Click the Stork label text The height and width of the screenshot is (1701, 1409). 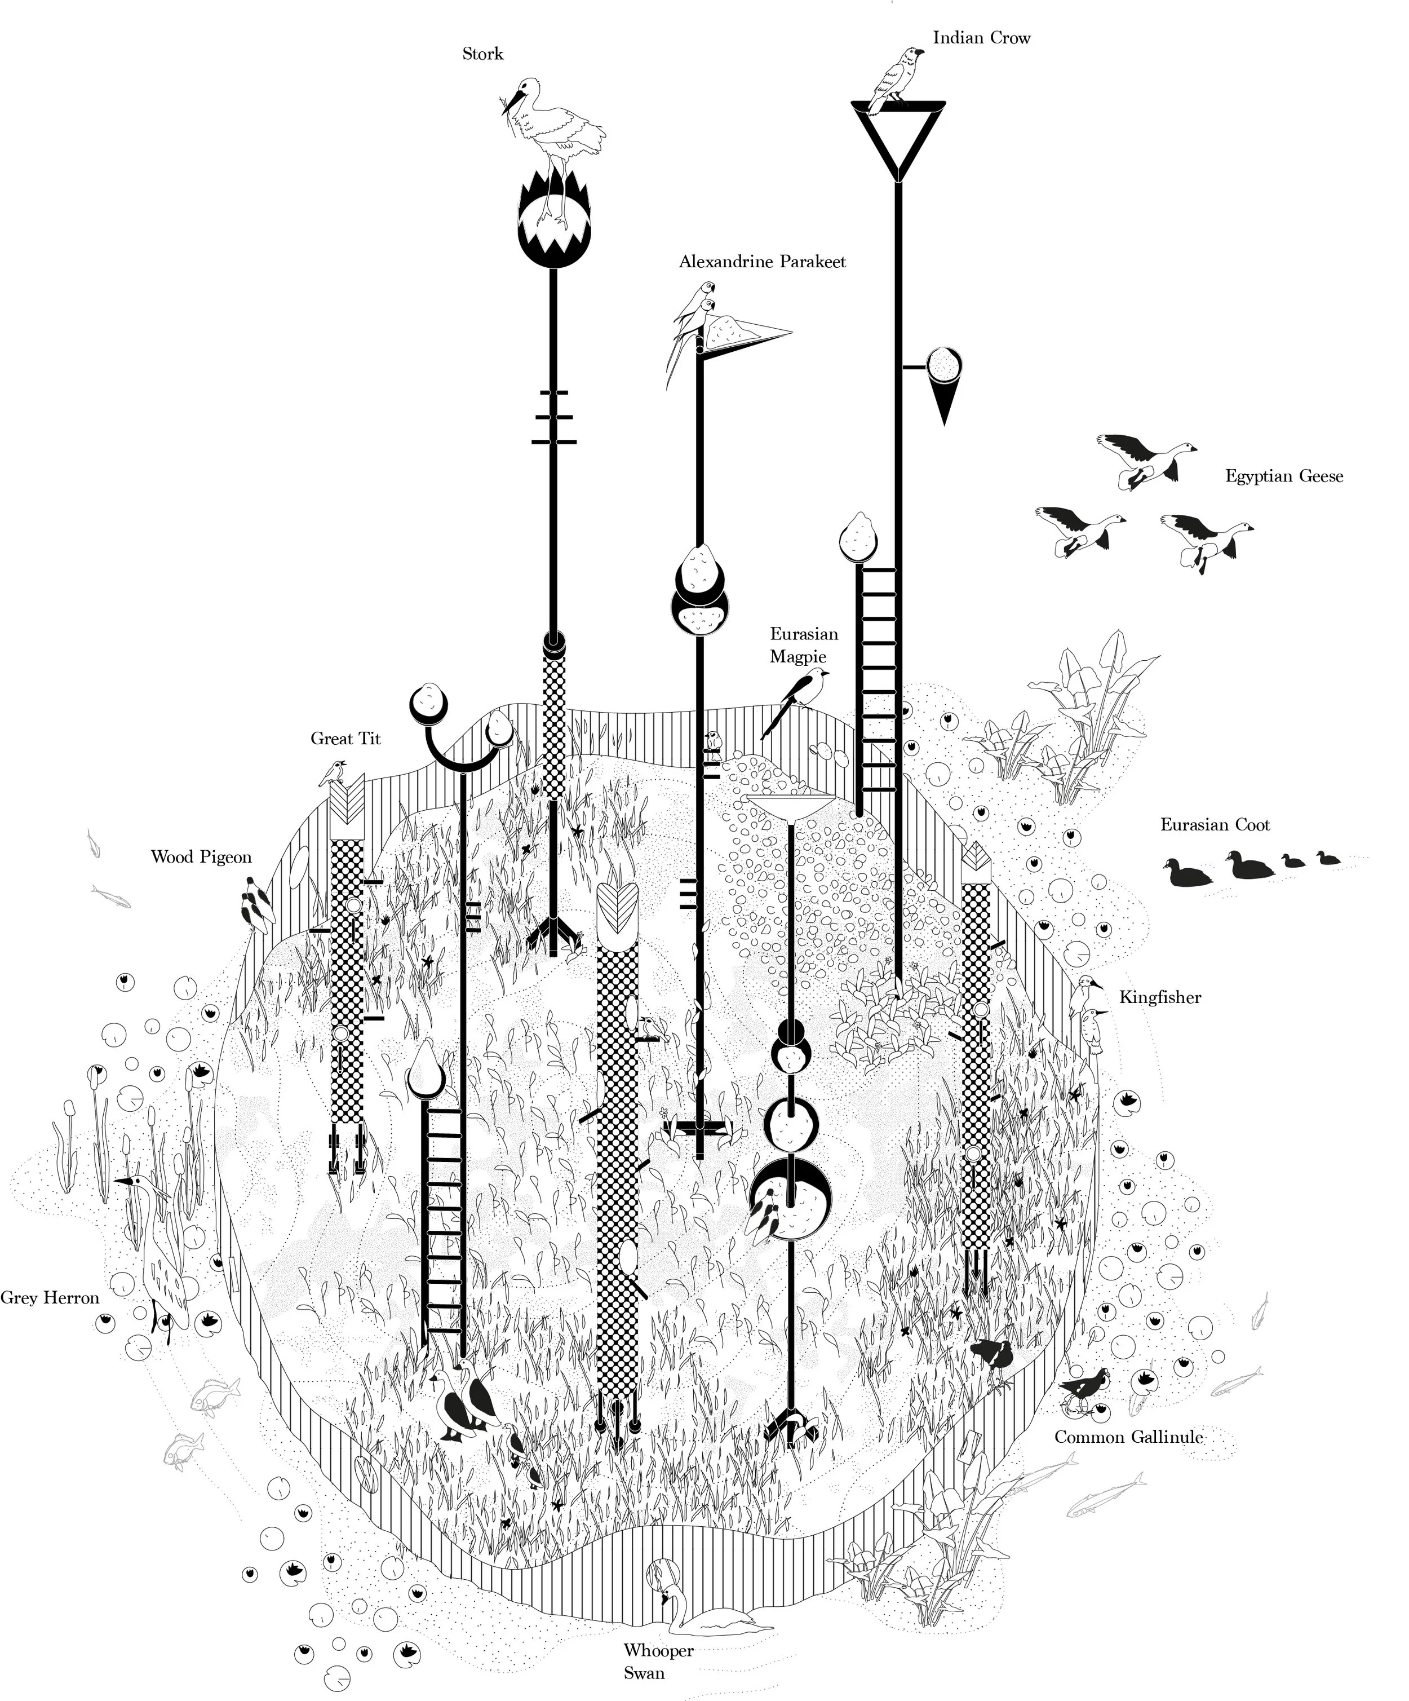pos(482,54)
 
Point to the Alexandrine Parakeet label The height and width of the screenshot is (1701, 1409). pos(762,262)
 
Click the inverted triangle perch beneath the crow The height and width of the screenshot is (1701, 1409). pos(897,138)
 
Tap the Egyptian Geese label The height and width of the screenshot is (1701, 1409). pos(1283,476)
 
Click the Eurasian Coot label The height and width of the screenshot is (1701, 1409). pos(1215,825)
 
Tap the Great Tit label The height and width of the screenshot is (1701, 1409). pos(345,739)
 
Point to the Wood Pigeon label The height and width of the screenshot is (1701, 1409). pos(201,857)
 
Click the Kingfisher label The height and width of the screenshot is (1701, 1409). pos(1159,997)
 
